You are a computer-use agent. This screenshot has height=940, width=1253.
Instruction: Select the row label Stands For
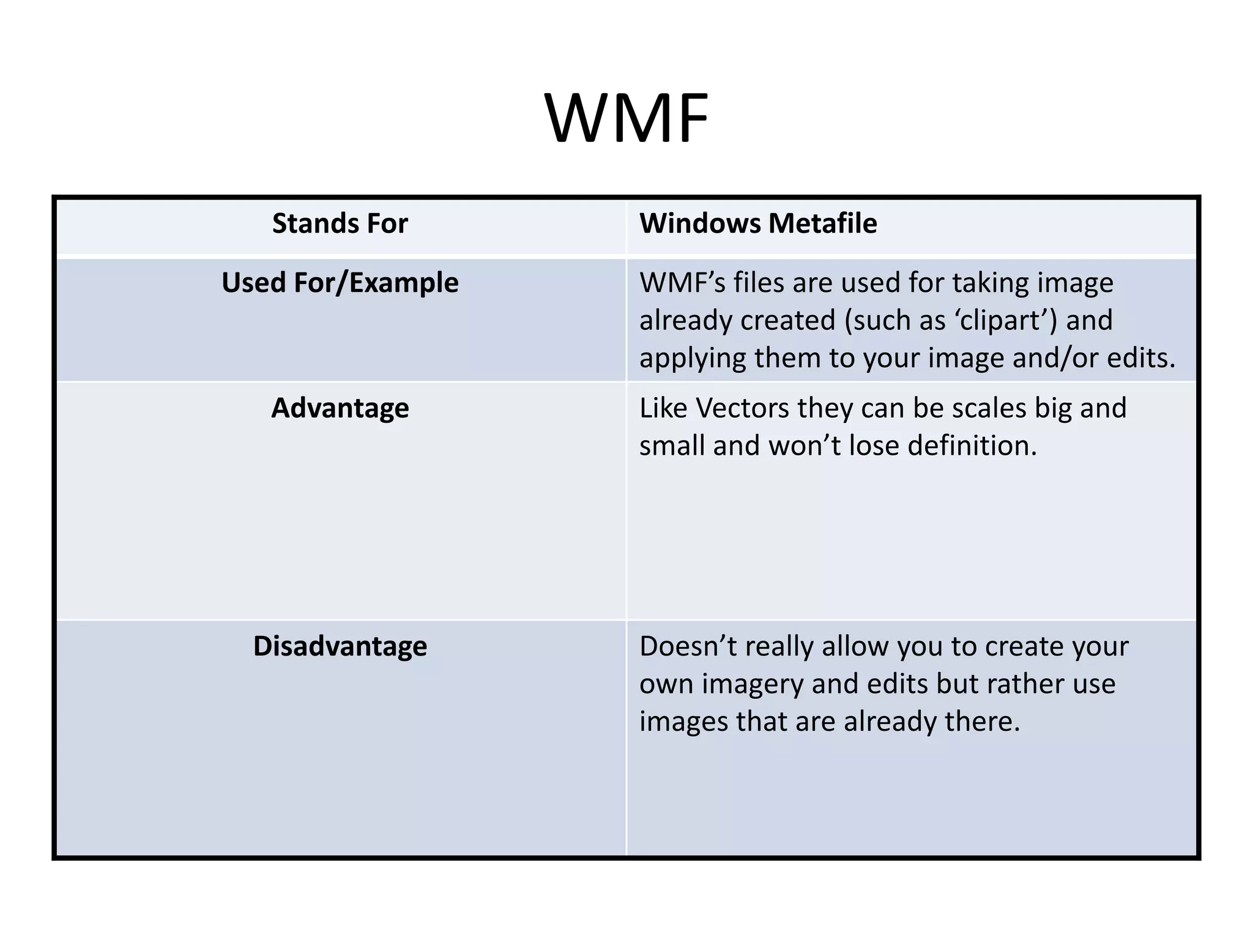pos(340,223)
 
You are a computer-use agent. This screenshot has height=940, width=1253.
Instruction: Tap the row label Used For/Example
pos(340,283)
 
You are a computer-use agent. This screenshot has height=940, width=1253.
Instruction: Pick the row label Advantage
pos(340,408)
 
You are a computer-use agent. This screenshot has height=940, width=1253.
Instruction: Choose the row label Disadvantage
pos(340,646)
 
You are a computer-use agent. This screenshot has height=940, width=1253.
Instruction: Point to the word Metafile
pos(823,223)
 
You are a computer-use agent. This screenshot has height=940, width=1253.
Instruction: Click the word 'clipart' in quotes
pos(1004,321)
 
